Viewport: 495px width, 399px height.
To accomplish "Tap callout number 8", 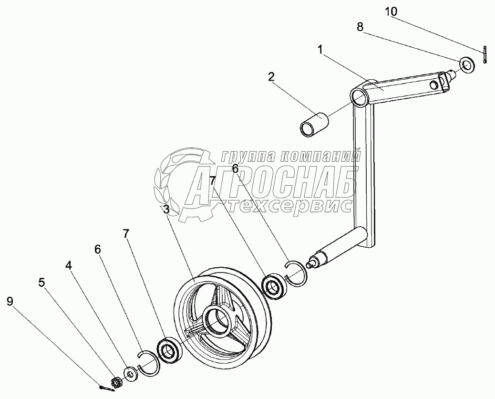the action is click(x=361, y=27).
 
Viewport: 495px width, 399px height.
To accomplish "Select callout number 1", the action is click(x=321, y=49).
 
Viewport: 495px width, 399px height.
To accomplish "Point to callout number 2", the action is click(x=271, y=77).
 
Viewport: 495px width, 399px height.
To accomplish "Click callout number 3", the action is click(x=165, y=210).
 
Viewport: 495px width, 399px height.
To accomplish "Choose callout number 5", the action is click(x=42, y=282).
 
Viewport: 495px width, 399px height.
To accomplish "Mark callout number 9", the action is click(x=10, y=301).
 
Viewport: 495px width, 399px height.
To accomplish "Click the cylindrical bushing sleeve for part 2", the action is click(x=313, y=123).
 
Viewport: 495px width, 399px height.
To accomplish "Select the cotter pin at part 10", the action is click(x=484, y=54).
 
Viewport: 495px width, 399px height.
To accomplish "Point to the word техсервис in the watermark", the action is click(x=291, y=206).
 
